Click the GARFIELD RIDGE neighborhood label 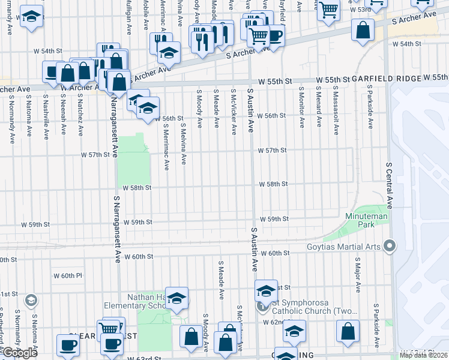pyautogui.click(x=385, y=79)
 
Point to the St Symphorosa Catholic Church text pyautogui.click(x=313, y=307)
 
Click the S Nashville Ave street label pyautogui.click(x=46, y=120)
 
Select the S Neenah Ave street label pyautogui.click(x=63, y=120)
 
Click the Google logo pyautogui.click(x=20, y=353)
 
